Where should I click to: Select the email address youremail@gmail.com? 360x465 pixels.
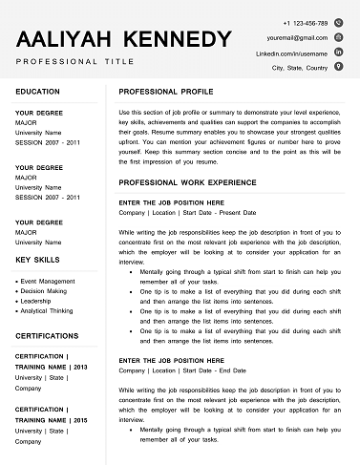coord(297,37)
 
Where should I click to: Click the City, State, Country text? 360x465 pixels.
coord(300,69)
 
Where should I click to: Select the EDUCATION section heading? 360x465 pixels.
coord(38,92)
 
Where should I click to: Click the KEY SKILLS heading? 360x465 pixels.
coord(39,260)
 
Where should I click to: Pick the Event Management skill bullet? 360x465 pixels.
coord(48,282)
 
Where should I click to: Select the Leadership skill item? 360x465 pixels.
coord(37,301)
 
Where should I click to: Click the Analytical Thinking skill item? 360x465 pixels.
coord(48,310)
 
